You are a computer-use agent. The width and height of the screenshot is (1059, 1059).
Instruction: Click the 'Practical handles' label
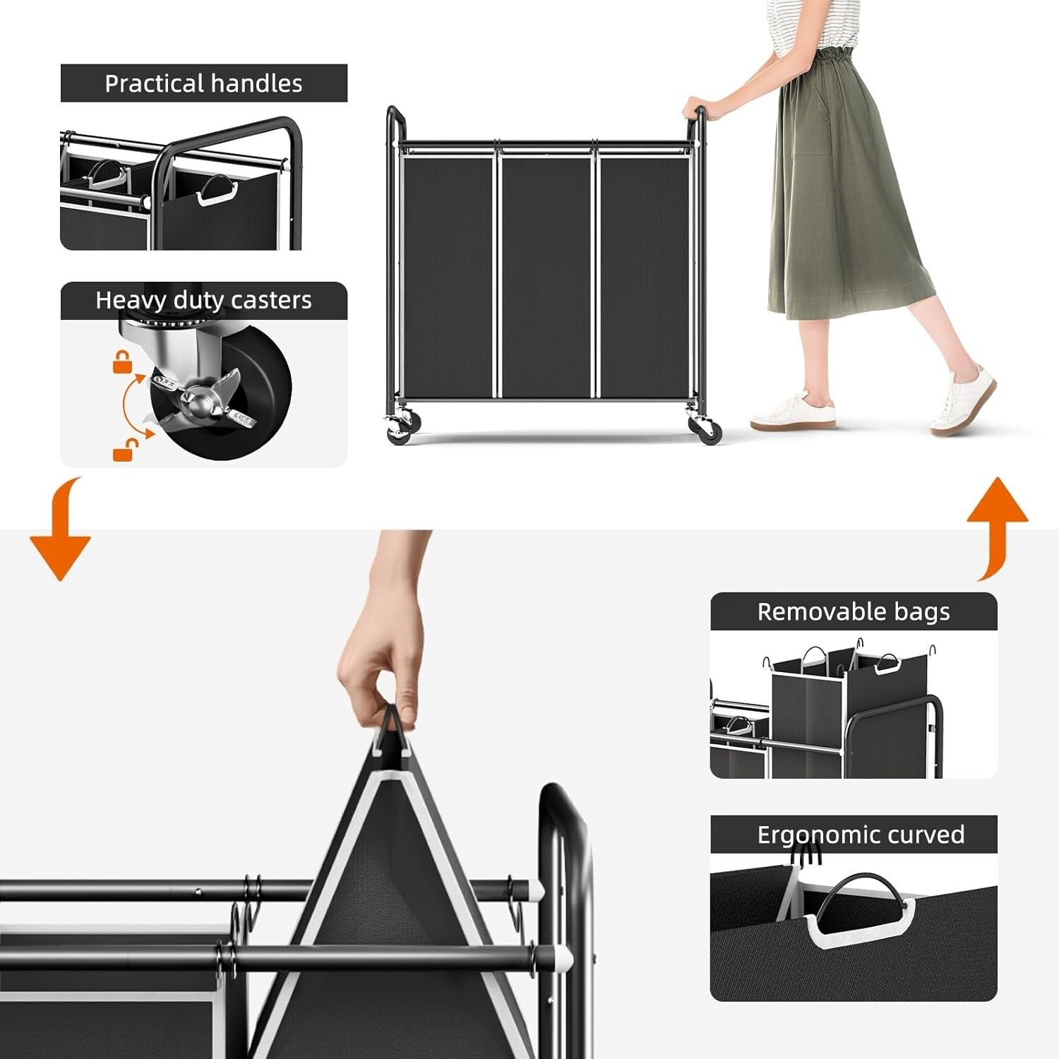tap(203, 83)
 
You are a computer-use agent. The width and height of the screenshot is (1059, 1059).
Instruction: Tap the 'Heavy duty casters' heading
tap(203, 300)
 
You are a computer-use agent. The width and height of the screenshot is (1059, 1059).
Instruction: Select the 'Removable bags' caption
tap(853, 611)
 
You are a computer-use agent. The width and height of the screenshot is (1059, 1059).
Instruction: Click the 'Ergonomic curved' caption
tap(860, 834)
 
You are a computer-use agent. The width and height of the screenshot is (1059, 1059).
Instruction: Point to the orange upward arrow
tap(997, 522)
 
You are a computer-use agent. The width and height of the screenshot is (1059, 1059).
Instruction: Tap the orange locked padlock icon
tap(123, 362)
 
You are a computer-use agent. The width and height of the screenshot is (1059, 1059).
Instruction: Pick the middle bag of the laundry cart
tap(546, 275)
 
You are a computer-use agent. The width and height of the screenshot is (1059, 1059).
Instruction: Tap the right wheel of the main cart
tap(708, 430)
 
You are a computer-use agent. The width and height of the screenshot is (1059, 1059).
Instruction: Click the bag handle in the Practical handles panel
tap(212, 191)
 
